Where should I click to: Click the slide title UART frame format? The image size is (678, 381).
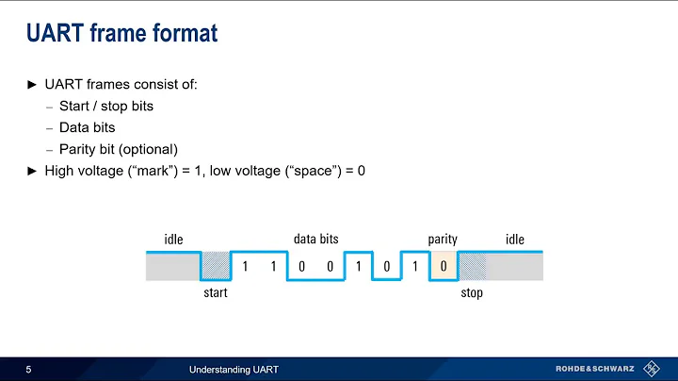121,34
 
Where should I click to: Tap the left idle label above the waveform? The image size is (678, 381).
174,240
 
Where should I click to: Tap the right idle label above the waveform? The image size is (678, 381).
514,240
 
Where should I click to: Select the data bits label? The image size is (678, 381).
315,240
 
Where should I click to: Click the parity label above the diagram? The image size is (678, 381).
443,240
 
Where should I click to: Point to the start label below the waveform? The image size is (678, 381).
216,292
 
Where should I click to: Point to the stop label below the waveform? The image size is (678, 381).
472,292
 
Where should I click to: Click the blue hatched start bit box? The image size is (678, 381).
216,267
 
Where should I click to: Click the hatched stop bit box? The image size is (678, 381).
472,267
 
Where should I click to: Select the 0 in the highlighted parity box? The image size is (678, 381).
443,267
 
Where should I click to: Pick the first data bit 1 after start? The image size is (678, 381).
245,267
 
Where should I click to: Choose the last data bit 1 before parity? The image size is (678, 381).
414,267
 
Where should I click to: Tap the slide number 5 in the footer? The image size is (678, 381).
29,368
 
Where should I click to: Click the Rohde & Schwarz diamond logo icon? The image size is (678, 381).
650,368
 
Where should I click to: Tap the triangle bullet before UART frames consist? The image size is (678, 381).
32,85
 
